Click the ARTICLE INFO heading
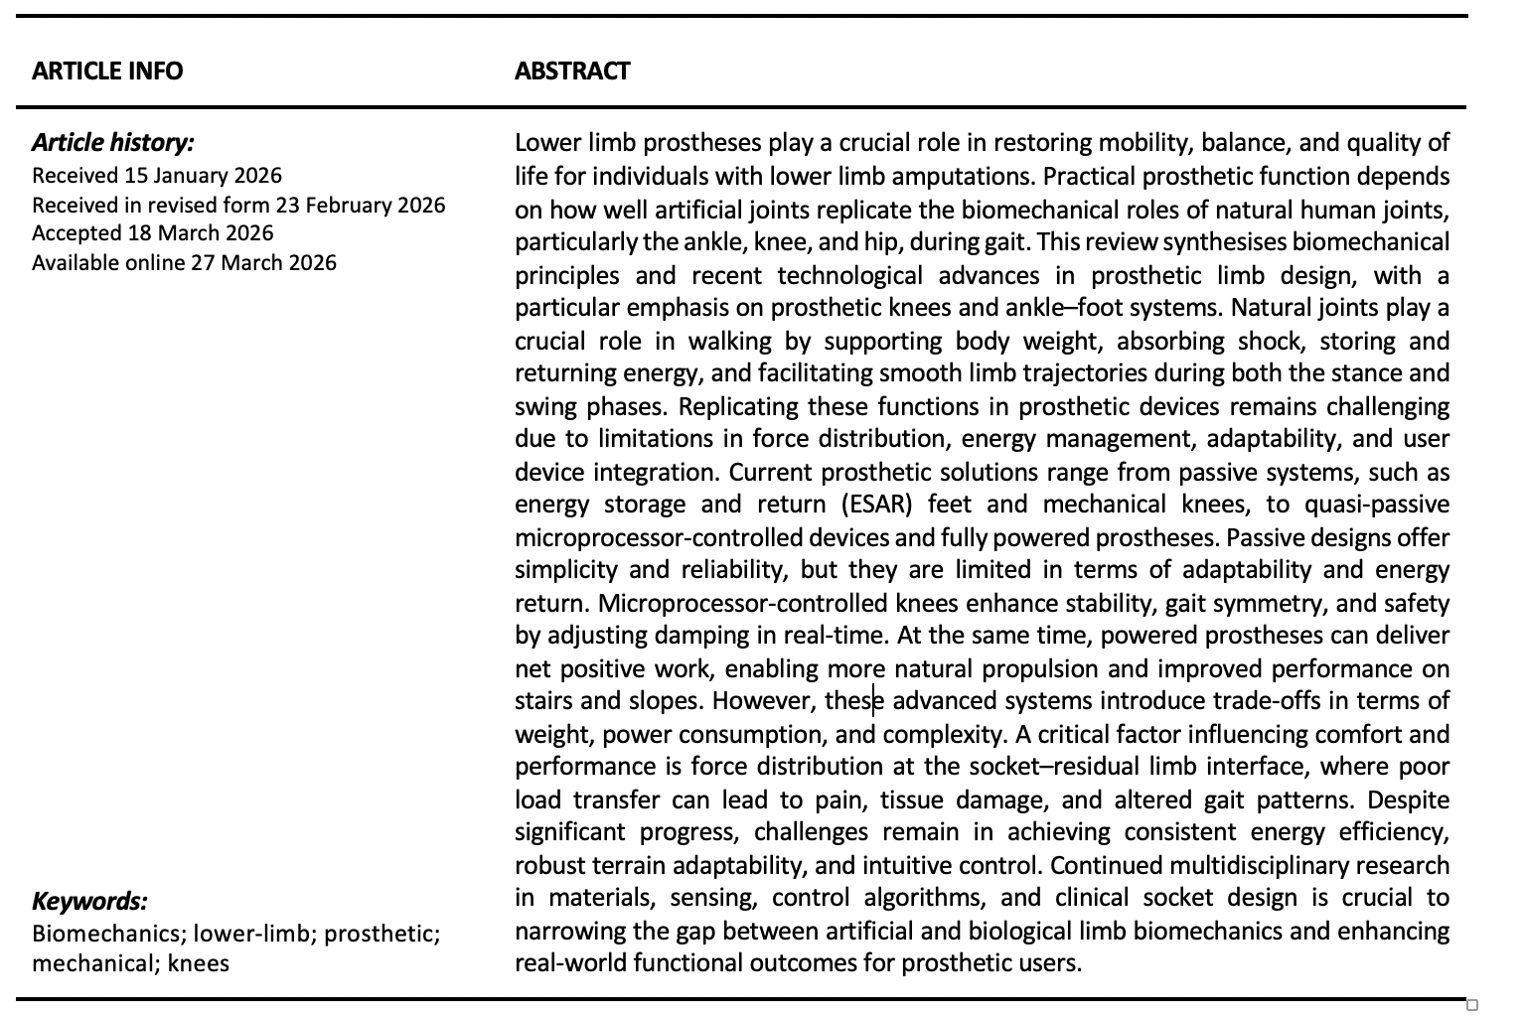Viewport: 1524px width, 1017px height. pos(107,72)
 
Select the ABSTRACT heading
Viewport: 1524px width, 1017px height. pos(571,72)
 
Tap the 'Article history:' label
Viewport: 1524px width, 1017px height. pos(112,143)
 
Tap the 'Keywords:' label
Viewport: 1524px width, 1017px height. pos(89,902)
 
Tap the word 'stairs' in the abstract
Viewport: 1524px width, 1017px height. pos(543,701)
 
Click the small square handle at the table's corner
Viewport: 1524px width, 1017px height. pos(1472,1005)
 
